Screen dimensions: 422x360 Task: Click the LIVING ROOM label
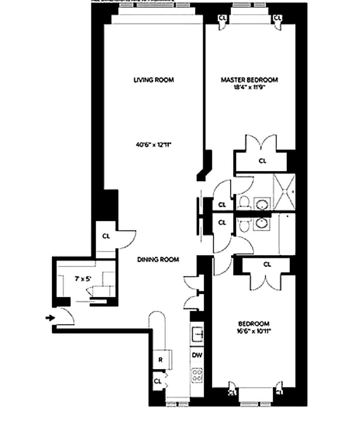click(x=153, y=80)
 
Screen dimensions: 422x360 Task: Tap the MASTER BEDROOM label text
click(x=249, y=80)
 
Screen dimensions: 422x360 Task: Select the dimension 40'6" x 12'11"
click(x=153, y=145)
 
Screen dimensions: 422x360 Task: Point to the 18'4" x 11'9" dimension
click(x=249, y=87)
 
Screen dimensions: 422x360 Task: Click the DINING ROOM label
click(x=158, y=260)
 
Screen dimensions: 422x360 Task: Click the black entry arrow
click(x=50, y=318)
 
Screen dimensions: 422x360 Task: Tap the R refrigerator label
click(x=161, y=360)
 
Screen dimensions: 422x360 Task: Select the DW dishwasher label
click(x=196, y=354)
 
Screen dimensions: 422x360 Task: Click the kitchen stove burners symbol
click(x=196, y=375)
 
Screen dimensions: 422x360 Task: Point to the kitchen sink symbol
click(x=196, y=333)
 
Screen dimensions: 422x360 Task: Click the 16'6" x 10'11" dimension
click(x=254, y=331)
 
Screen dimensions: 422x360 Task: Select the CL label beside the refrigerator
click(x=157, y=381)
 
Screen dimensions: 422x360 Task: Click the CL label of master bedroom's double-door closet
click(x=262, y=161)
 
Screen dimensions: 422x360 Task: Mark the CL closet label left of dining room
click(x=106, y=236)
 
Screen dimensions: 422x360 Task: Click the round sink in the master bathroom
click(x=261, y=204)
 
